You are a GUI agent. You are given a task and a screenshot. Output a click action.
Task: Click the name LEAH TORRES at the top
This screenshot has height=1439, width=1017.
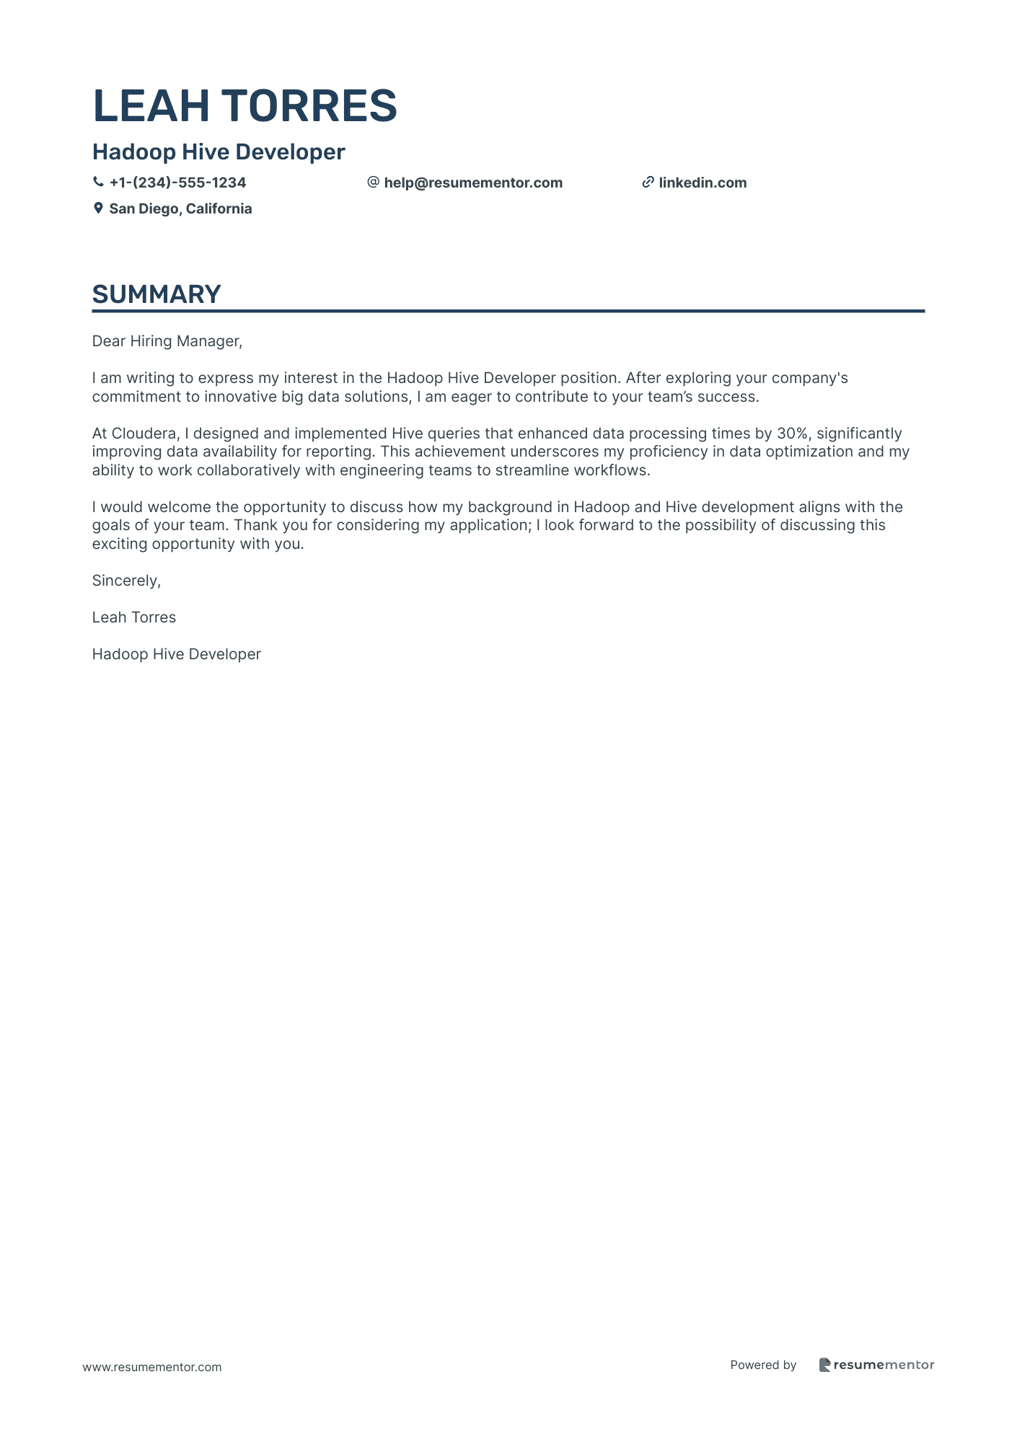tap(245, 105)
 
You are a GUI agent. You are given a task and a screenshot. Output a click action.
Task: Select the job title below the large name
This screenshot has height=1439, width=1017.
tap(219, 152)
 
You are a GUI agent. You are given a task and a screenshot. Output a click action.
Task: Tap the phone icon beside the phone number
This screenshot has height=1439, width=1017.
tap(98, 182)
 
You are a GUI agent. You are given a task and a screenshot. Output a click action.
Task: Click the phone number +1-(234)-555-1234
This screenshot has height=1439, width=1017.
tap(177, 183)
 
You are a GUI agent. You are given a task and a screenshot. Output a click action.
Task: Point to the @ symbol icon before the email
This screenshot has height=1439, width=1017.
tap(373, 182)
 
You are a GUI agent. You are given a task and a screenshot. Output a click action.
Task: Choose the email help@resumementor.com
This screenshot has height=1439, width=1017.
tap(473, 183)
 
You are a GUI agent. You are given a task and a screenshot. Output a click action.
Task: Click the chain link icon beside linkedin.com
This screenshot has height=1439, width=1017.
tap(648, 182)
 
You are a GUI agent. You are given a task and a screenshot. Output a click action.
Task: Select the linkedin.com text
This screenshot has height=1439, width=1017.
tap(703, 183)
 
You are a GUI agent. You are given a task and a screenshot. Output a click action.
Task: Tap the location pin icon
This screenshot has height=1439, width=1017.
tap(98, 208)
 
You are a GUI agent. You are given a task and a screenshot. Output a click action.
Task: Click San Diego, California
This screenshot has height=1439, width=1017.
tap(180, 209)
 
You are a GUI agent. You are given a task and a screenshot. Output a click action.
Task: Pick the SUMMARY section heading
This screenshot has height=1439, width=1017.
tap(157, 294)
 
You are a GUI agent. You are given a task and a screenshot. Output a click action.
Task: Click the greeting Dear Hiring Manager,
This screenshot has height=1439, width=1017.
tap(167, 341)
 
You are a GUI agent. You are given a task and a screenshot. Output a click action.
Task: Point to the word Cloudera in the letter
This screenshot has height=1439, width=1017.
tap(144, 434)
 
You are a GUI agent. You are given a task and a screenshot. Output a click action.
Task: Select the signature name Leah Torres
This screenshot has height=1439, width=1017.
tap(134, 617)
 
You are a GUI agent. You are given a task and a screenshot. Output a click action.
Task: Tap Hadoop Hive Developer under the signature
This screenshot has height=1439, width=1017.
tap(177, 654)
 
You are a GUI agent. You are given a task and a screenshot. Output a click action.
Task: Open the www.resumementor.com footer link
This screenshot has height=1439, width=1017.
tap(152, 1367)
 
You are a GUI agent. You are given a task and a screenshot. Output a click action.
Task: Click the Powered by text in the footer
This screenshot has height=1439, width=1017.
tap(763, 1365)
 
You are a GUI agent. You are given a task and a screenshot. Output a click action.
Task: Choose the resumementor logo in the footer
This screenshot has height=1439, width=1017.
tap(876, 1365)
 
